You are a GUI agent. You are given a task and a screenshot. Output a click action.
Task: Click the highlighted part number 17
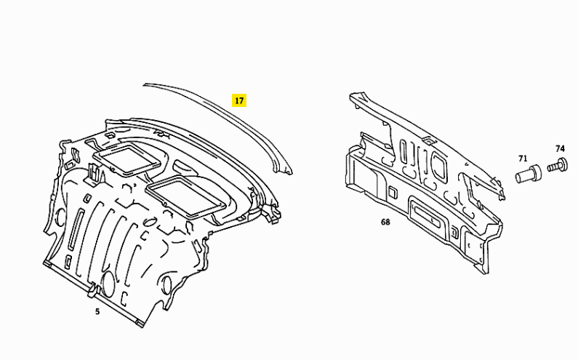coord(239,100)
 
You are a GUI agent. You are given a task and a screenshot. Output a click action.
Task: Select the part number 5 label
coord(97,312)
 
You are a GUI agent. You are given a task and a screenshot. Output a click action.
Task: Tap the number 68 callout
coord(385,222)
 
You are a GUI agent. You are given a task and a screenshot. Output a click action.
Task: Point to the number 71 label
coord(523,159)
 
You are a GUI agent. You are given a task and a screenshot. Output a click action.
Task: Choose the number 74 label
coord(560,148)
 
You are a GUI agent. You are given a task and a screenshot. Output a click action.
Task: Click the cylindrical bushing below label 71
coord(529,174)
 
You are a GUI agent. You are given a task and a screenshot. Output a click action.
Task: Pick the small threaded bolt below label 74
coord(558,164)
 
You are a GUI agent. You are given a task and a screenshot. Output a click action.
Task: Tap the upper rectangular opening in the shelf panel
coord(127,159)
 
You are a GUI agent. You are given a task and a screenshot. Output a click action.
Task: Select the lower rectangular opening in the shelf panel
coord(186,196)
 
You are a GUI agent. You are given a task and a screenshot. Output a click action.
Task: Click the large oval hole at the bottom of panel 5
coord(108,284)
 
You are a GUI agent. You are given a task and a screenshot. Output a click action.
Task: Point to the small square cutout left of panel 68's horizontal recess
coord(392,191)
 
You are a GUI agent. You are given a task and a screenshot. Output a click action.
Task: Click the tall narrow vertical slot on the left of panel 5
coord(74,228)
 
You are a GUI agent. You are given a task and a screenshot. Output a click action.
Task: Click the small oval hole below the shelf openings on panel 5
coord(150,222)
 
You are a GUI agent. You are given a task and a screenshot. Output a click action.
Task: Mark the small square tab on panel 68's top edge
coord(428,140)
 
